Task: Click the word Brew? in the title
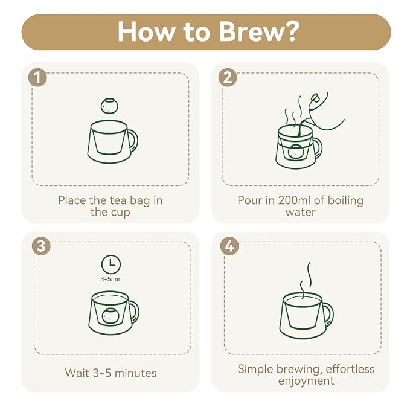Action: point(259,31)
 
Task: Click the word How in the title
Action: point(146,31)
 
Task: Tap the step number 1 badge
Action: point(37,77)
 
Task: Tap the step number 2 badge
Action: point(228,77)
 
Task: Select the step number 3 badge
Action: point(41,246)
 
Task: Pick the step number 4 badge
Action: point(229,246)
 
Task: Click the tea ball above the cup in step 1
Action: point(109,106)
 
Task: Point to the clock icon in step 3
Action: point(111,264)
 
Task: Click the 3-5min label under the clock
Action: point(111,279)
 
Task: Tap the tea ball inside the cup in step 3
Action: point(111,316)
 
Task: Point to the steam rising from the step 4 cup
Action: point(306,281)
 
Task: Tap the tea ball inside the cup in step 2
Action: point(296,152)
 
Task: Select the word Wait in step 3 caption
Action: point(77,373)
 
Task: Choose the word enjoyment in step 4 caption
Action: point(306,381)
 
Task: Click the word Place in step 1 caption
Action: point(72,200)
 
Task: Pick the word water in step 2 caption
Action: point(301,212)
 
